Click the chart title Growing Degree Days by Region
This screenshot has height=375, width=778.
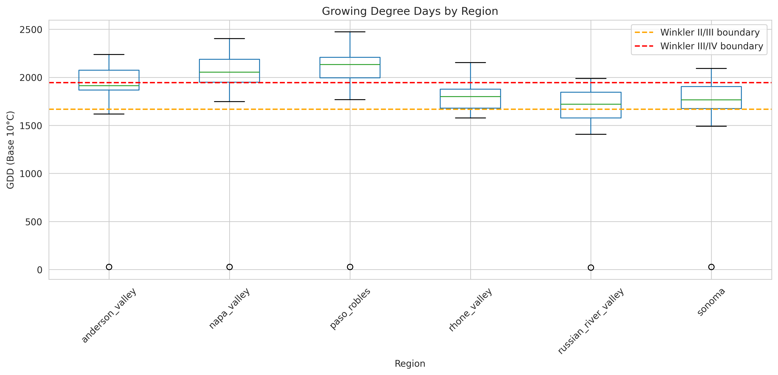pyautogui.click(x=410, y=11)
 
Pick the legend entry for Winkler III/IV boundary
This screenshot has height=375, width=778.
pyautogui.click(x=711, y=46)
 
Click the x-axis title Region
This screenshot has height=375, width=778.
pyautogui.click(x=410, y=363)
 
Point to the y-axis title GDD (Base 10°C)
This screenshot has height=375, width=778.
pyautogui.click(x=11, y=150)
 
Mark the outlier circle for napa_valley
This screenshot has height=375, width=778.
pyautogui.click(x=229, y=267)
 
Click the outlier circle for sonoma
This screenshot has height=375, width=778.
pyautogui.click(x=711, y=267)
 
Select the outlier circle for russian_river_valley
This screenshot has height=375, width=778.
pyautogui.click(x=591, y=268)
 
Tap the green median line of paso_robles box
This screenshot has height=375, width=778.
pyautogui.click(x=350, y=64)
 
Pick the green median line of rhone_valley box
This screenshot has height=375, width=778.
pyautogui.click(x=470, y=96)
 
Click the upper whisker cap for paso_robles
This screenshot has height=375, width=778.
pyautogui.click(x=350, y=32)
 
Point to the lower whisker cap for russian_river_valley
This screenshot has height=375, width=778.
pyautogui.click(x=591, y=134)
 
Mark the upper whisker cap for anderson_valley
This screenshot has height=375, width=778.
pyautogui.click(x=109, y=54)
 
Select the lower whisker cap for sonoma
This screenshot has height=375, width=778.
pyautogui.click(x=711, y=126)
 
